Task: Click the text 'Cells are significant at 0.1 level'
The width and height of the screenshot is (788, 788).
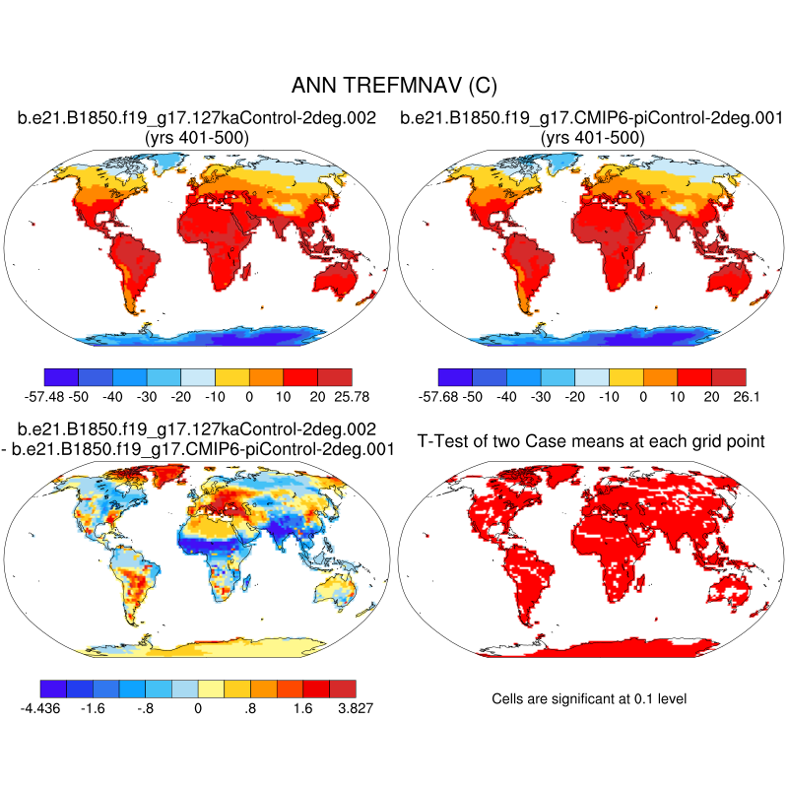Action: coord(588,698)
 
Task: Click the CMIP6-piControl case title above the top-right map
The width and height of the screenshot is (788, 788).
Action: coord(592,119)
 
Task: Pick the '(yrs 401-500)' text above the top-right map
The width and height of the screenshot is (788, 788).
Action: coord(592,138)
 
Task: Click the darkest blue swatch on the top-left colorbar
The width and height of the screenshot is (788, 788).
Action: coord(61,375)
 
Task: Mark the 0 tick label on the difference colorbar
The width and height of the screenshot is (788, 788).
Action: coord(198,706)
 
